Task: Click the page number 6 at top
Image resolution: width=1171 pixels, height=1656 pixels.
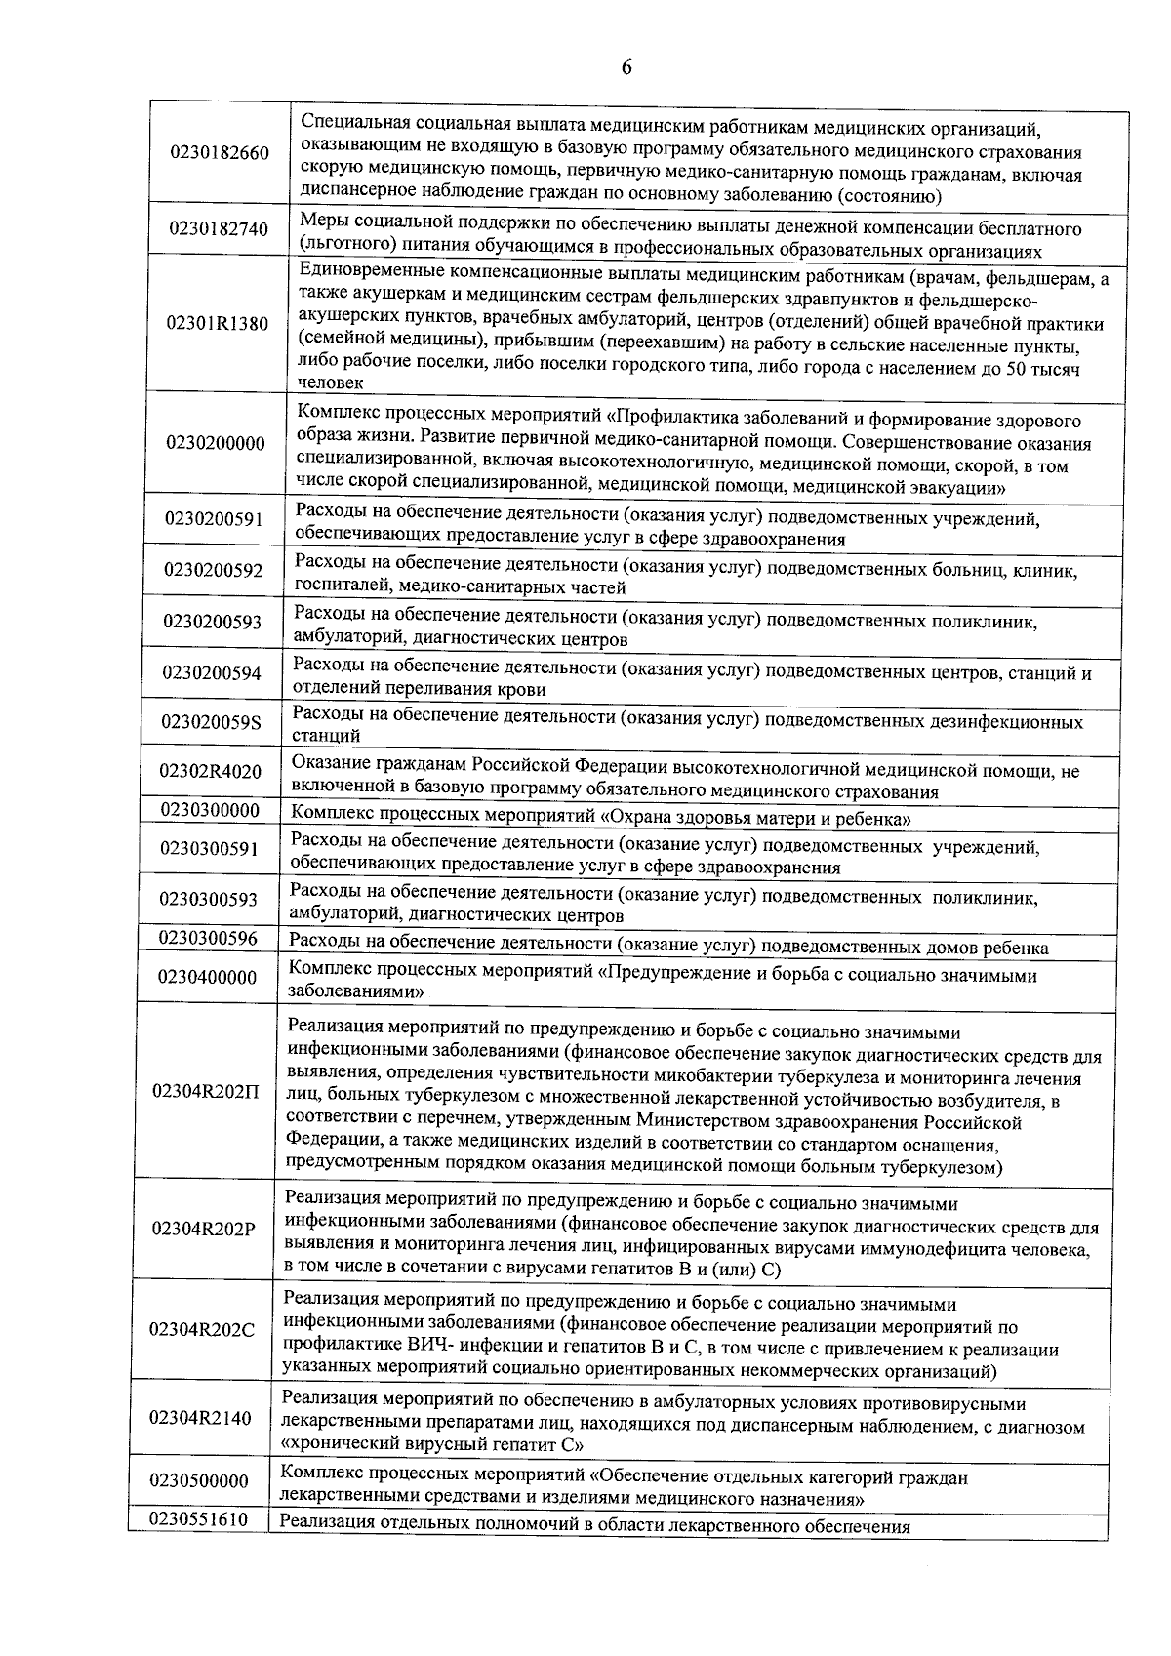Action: pos(626,67)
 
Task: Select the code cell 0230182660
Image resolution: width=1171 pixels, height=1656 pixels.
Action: pos(219,153)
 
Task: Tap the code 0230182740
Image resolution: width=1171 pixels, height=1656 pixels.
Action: pos(218,229)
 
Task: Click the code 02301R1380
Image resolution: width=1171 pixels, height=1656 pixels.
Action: pos(218,324)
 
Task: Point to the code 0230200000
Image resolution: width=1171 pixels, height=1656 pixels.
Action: pos(216,443)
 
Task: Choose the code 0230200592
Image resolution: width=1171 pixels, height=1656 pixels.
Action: pos(213,570)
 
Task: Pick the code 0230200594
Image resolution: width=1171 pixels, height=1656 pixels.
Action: pos(212,672)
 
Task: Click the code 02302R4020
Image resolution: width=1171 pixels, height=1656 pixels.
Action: pos(211,772)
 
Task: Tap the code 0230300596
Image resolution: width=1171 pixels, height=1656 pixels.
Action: pos(208,939)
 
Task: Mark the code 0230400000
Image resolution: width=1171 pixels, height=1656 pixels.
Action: pos(207,977)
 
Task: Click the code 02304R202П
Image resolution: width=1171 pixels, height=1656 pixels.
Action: pos(206,1091)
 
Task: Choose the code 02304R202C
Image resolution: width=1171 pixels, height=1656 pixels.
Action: pos(202,1330)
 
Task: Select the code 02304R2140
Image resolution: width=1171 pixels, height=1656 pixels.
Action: pos(201,1418)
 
